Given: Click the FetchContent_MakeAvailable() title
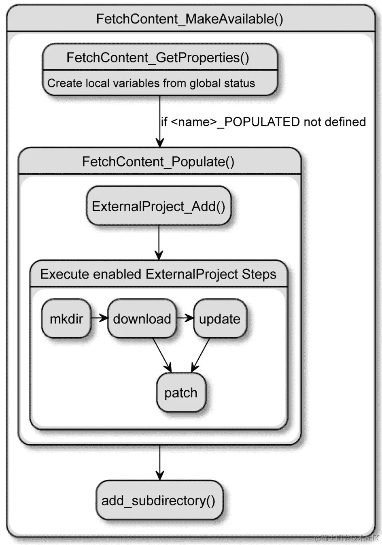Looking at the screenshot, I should pos(189,19).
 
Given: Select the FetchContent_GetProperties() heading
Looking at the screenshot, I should pos(158,57).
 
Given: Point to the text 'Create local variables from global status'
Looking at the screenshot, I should pos(151,83).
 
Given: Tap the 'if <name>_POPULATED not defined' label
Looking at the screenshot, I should pos(263,122).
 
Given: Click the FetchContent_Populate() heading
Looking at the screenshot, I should pos(158,162).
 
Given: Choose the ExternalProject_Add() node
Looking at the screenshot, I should pos(159,206).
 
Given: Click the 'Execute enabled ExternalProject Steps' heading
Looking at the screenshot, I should pos(158,274).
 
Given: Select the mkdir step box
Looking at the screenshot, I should pos(66,319).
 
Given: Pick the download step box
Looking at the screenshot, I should pos(142,319).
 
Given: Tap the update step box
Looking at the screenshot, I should pos(220,319).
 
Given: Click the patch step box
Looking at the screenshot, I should pos(181,393).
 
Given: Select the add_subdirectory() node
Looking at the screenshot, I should pos(159,500).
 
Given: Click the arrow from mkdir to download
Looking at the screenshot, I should pos(99,318).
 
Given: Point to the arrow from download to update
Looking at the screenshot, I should pos(185,318).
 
